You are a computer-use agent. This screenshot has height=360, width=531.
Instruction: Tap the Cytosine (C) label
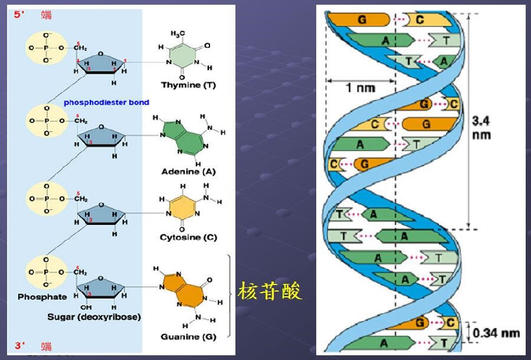click(x=188, y=237)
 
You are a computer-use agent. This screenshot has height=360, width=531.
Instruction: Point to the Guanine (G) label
click(x=188, y=336)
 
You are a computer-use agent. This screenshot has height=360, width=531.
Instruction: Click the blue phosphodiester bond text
click(x=107, y=102)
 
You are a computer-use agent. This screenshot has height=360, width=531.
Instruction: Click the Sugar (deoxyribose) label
click(x=94, y=317)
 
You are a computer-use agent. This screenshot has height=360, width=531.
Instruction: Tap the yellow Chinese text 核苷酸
click(x=270, y=290)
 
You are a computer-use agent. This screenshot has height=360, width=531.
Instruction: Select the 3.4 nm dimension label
click(x=482, y=129)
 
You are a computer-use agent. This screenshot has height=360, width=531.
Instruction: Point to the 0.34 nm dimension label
click(x=496, y=333)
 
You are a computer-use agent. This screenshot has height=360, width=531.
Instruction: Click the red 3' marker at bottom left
click(x=19, y=346)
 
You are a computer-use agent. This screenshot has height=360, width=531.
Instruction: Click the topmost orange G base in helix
click(x=362, y=19)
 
